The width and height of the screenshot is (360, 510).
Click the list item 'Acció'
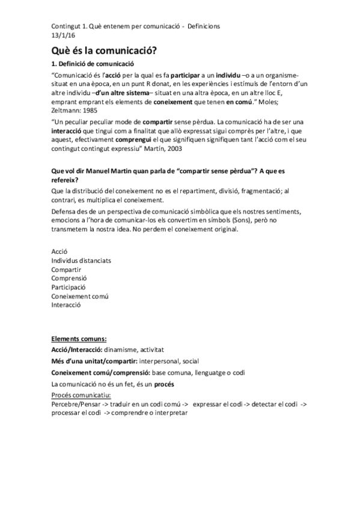pyautogui.click(x=60, y=251)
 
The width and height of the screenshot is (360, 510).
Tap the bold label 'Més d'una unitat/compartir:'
pyautogui.click(x=94, y=361)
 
